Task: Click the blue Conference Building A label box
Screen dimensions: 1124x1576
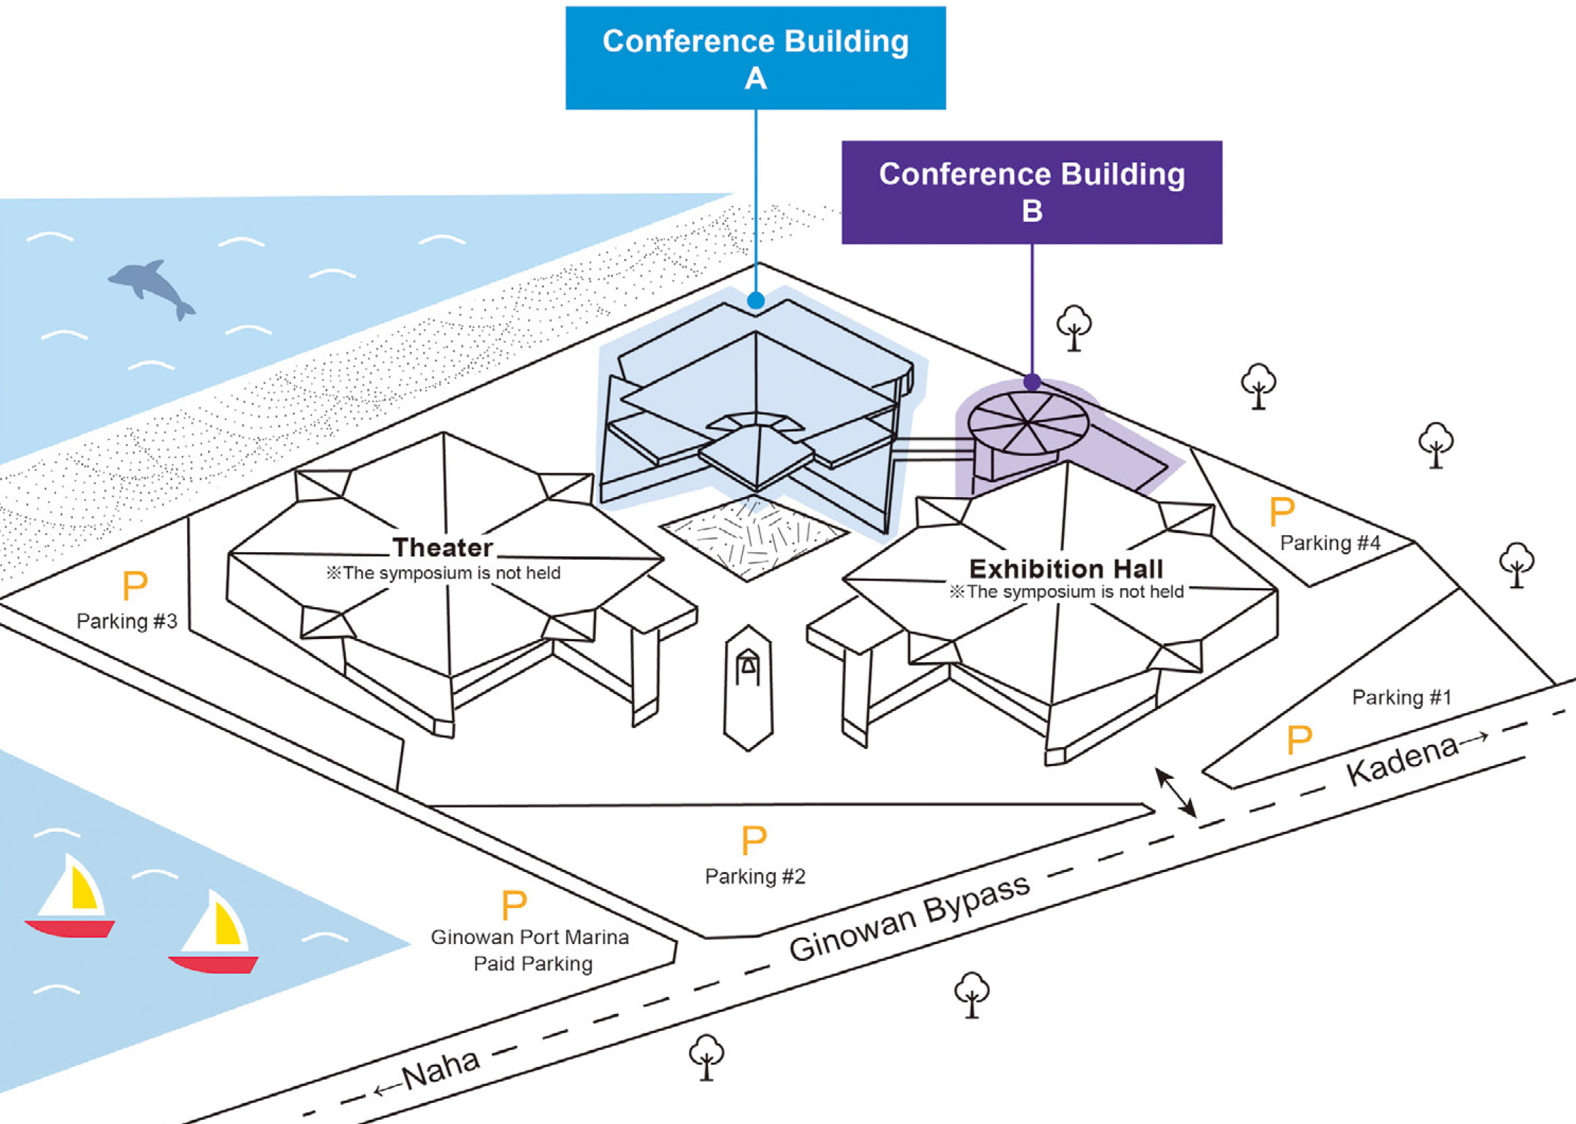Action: pos(756,58)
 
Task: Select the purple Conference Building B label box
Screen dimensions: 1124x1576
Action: pos(1032,192)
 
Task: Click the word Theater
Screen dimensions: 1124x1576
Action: pos(443,548)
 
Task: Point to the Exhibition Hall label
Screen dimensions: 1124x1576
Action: pos(1065,569)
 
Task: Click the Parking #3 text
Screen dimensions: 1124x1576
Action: pos(126,621)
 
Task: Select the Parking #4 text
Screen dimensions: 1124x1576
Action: pos(1330,543)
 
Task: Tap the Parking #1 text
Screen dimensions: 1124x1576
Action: pos(1402,698)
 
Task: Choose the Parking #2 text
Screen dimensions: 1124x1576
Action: pos(755,876)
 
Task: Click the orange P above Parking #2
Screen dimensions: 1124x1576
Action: pos(754,841)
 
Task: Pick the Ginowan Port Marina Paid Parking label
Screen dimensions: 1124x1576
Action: pos(530,950)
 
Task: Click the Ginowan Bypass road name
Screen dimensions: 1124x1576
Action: pos(909,919)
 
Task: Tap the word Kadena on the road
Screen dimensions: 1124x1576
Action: pos(1402,760)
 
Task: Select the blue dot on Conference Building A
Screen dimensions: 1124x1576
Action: pos(756,301)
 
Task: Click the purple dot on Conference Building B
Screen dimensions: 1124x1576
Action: pos(1032,382)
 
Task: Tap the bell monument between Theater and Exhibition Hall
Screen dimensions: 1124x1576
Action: pos(748,667)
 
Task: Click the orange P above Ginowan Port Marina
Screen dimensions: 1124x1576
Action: pos(514,905)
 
